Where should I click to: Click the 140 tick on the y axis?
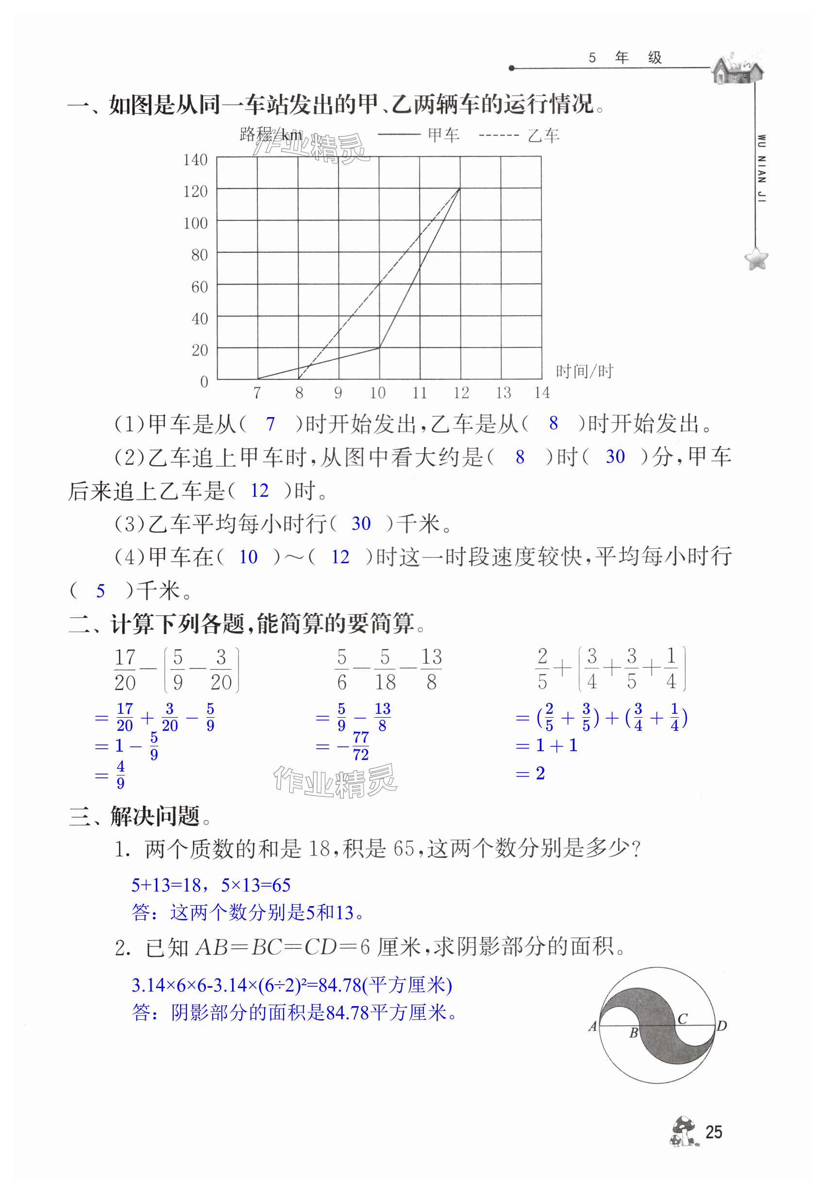pyautogui.click(x=195, y=160)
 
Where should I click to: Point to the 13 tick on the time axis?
pyautogui.click(x=503, y=393)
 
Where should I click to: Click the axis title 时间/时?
pyautogui.click(x=584, y=371)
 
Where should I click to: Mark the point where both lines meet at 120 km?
pyautogui.click(x=459, y=189)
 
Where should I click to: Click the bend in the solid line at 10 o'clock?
pyautogui.click(x=379, y=347)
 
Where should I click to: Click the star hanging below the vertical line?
pyautogui.click(x=756, y=258)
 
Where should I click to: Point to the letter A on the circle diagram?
pyautogui.click(x=593, y=1026)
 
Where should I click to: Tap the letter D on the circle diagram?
pyautogui.click(x=722, y=1025)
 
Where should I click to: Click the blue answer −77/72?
pyautogui.click(x=355, y=746)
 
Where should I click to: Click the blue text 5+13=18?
pyautogui.click(x=166, y=885)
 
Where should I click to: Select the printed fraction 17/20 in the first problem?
pyautogui.click(x=125, y=669)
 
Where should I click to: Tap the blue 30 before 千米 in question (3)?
pyautogui.click(x=361, y=524)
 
